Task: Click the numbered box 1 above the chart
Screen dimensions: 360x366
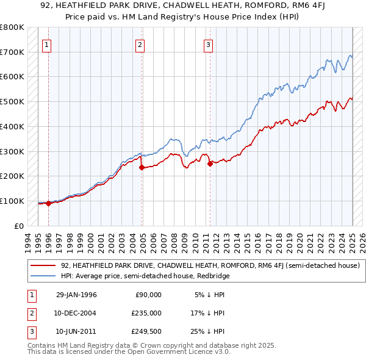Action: tap(47, 44)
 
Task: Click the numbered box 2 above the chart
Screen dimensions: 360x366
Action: tap(140, 44)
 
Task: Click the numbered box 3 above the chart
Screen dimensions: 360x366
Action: tap(208, 44)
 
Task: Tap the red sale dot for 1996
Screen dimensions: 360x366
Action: tap(48, 203)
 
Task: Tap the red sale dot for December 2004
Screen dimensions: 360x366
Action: tap(142, 167)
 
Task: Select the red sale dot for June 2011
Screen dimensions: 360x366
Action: tap(210, 164)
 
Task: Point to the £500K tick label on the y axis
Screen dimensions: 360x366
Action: tap(12, 101)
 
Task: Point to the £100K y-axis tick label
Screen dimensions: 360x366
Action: tap(12, 201)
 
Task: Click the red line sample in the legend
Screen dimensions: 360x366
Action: tap(43, 265)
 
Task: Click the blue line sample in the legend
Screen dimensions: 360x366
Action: tap(43, 276)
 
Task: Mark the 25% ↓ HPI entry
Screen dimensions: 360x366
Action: tap(209, 331)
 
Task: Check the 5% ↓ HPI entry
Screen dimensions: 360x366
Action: tap(210, 294)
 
